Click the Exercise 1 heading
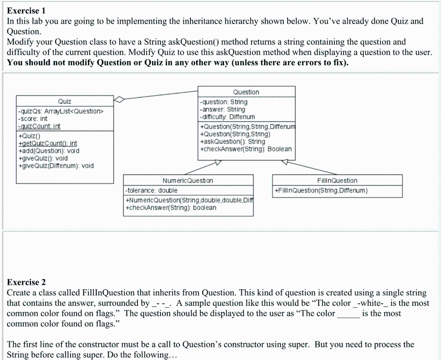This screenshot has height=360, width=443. click(x=26, y=10)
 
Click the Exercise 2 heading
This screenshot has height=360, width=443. click(x=26, y=283)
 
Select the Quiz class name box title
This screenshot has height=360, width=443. click(x=64, y=101)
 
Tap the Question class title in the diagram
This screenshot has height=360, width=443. click(x=246, y=92)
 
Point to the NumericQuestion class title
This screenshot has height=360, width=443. click(x=188, y=180)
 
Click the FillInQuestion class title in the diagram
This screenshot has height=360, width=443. click(x=337, y=180)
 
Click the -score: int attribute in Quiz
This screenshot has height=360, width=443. click(x=32, y=119)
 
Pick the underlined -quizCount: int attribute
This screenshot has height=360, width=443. click(x=39, y=126)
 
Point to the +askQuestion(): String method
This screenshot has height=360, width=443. click(x=232, y=141)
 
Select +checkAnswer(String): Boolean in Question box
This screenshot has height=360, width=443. click(x=245, y=149)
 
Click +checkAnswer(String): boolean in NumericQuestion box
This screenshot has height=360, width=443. click(x=170, y=208)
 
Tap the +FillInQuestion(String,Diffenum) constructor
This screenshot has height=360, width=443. click(x=321, y=190)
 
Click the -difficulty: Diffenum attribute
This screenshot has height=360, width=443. click(x=227, y=117)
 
